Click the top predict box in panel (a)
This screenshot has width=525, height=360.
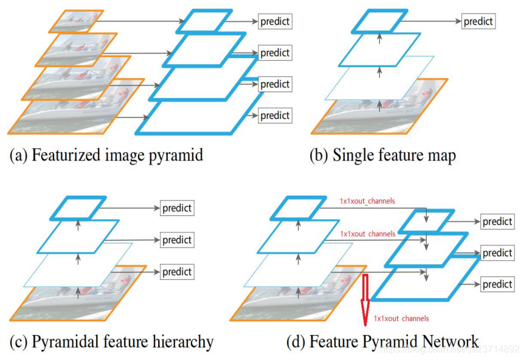point(275,22)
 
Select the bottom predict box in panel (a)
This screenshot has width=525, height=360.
point(275,115)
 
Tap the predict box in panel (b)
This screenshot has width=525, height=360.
point(478,22)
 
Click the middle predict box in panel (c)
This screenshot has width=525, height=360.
point(177,240)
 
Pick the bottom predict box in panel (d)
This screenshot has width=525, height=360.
point(497,284)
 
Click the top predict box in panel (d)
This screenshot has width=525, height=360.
point(497,221)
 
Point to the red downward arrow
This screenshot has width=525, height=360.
point(365,300)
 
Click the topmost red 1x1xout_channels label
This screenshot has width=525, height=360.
point(367,202)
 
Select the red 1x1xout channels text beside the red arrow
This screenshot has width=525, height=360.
point(401,319)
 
